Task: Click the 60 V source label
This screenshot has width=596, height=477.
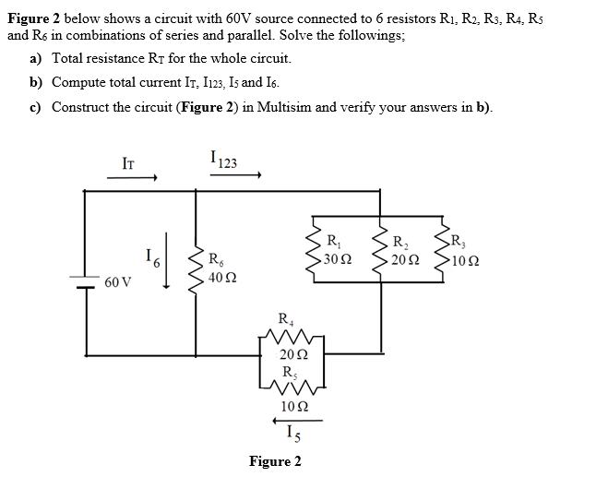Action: click(117, 279)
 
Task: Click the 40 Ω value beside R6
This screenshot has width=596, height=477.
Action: click(221, 277)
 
